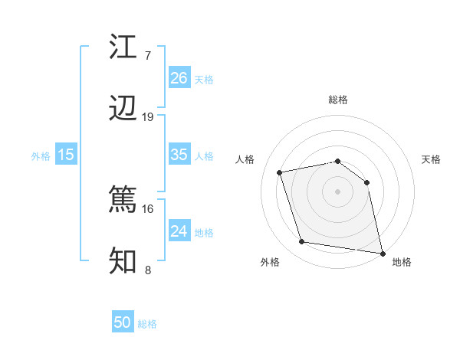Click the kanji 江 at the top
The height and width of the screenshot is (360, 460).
click(x=123, y=47)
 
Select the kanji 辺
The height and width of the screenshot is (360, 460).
click(x=123, y=110)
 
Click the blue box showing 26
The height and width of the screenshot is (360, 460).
click(x=179, y=77)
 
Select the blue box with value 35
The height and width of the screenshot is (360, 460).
click(x=179, y=155)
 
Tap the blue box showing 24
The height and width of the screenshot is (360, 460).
click(x=179, y=231)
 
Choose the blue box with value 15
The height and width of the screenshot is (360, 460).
click(x=66, y=155)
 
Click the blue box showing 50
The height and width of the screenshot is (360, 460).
click(x=123, y=322)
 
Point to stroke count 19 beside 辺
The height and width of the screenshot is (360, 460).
click(x=148, y=117)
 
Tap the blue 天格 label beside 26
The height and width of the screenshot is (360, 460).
click(x=204, y=79)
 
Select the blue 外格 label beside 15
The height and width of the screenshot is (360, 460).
click(x=41, y=155)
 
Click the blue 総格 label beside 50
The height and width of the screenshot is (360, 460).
click(x=147, y=324)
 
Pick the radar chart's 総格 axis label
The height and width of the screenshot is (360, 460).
click(x=338, y=100)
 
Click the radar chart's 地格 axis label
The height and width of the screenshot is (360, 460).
click(x=402, y=262)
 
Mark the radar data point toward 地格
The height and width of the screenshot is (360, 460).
click(x=382, y=252)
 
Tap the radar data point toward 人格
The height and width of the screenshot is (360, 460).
click(x=280, y=172)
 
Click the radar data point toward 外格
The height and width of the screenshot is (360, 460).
click(x=302, y=242)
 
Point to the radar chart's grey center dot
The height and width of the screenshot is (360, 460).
click(x=337, y=191)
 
